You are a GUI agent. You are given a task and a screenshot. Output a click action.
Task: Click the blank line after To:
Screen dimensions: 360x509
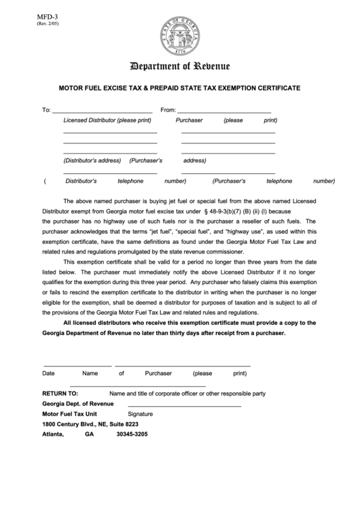point(102,111)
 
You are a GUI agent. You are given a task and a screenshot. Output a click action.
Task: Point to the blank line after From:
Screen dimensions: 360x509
point(224,111)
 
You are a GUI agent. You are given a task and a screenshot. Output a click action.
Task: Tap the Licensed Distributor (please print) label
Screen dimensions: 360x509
point(107,120)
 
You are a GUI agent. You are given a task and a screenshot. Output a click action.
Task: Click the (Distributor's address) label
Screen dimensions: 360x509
point(92,161)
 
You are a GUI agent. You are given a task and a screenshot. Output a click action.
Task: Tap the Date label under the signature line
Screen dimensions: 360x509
point(49,373)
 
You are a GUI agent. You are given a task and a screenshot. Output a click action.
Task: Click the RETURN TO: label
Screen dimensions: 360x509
point(60,393)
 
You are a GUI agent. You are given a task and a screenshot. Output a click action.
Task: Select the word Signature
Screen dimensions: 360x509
point(141,413)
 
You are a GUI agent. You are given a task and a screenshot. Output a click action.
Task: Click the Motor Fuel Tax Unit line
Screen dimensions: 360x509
point(70,413)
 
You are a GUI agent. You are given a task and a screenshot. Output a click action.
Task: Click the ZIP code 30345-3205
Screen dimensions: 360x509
point(132,434)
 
